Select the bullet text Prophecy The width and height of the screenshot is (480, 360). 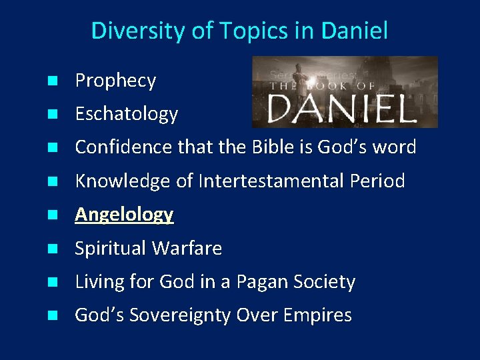pos(115,81)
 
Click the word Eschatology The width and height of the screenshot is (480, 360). pos(127,114)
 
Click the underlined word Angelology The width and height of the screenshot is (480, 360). pos(124,215)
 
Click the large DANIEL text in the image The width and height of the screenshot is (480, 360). pos(342,107)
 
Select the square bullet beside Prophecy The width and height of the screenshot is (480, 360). pos(52,81)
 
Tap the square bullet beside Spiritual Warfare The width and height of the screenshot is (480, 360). pos(52,249)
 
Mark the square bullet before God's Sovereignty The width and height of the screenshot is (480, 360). pos(52,316)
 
